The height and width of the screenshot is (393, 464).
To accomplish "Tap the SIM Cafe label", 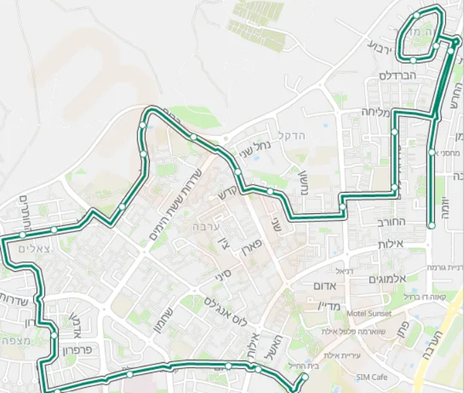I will (x=371, y=377).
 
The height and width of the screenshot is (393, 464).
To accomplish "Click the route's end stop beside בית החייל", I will (x=305, y=377).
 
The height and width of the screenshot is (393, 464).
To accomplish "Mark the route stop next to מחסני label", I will (x=431, y=152).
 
